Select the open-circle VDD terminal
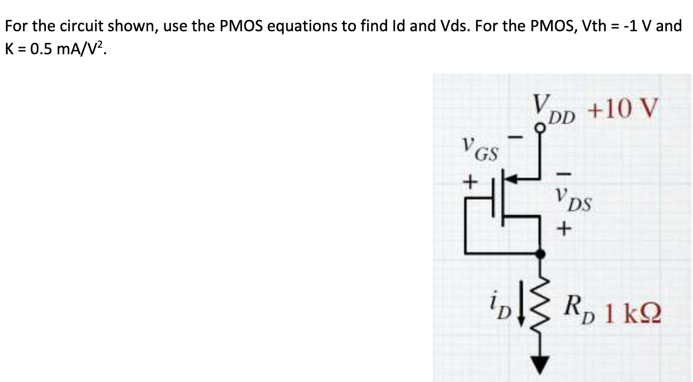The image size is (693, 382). (x=540, y=126)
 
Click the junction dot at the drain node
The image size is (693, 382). (x=540, y=252)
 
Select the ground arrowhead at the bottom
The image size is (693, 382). (x=540, y=363)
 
